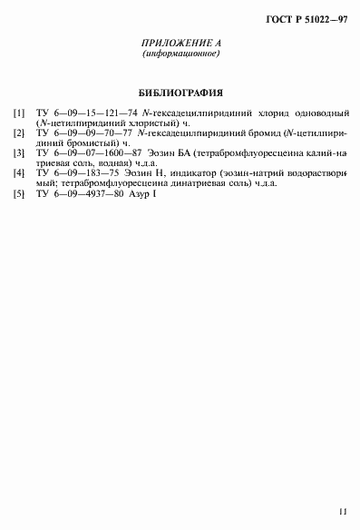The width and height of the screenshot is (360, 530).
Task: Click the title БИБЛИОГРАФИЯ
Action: tap(180, 93)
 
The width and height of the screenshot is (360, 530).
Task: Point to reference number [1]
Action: tap(18, 113)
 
